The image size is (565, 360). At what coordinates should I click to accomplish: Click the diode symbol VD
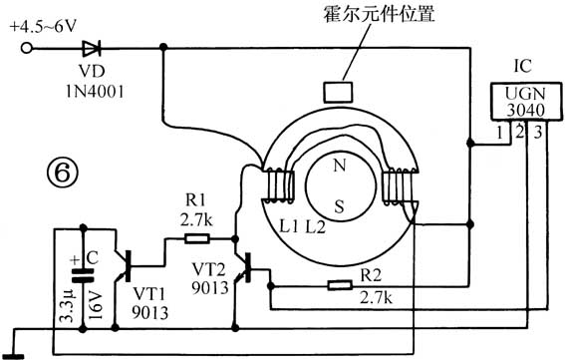coord(93,46)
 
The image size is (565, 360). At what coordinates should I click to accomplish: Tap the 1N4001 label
coord(99,86)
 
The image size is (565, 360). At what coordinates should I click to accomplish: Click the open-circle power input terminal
coord(28,46)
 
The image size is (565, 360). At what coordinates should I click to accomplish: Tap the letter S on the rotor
coord(340,206)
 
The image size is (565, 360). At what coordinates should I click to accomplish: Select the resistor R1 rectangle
coord(196,238)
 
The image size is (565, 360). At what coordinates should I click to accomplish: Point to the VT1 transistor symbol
coord(123,266)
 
